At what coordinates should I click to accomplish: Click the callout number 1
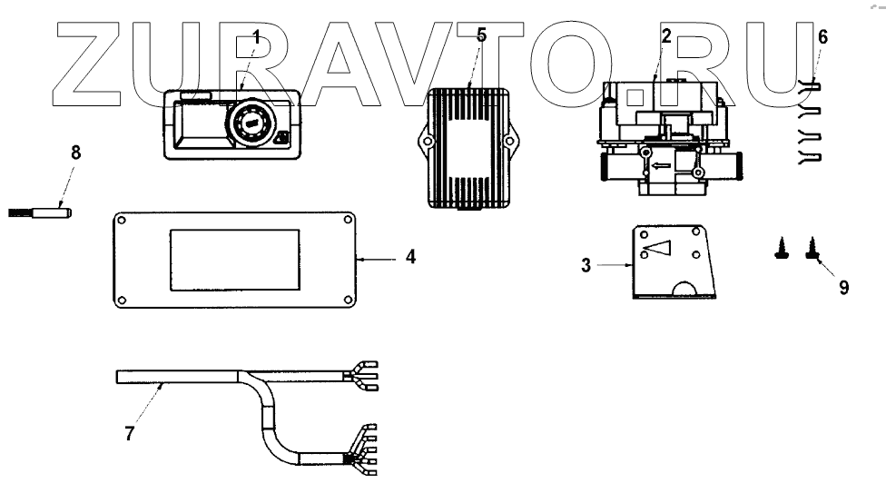tap(256, 37)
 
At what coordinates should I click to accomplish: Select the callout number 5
tap(481, 35)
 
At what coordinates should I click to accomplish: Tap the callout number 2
tap(665, 37)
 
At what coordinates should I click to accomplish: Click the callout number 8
tap(75, 153)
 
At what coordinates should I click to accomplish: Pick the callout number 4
tap(410, 258)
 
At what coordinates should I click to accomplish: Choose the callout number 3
tap(586, 265)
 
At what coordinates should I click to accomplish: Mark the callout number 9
tap(843, 288)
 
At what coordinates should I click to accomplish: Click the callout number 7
tap(130, 432)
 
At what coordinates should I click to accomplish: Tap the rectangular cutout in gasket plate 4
tap(235, 259)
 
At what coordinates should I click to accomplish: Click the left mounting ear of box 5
tap(421, 142)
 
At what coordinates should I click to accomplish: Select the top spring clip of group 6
tap(811, 87)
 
